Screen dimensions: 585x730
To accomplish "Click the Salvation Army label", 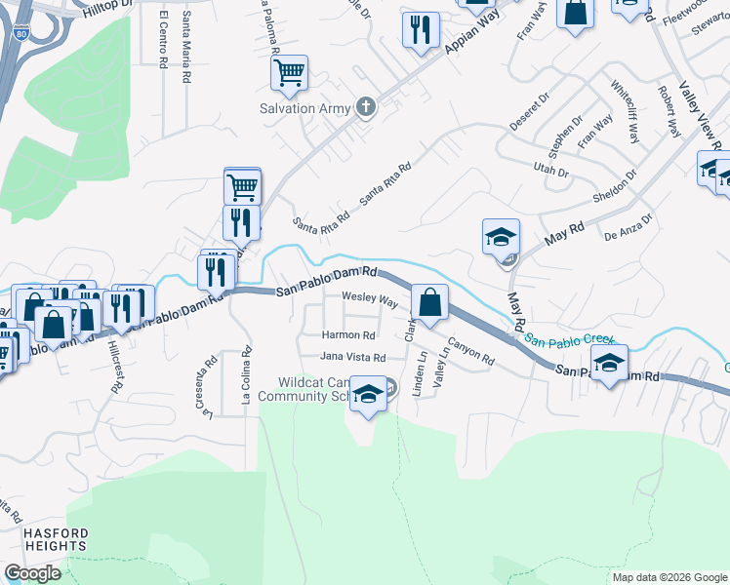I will click(304, 108).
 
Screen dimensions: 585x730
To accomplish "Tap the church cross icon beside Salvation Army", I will click(366, 107).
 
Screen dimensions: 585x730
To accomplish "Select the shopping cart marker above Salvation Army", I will click(290, 72).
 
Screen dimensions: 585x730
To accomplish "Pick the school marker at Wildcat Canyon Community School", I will click(368, 395).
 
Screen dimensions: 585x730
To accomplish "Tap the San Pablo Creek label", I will click(570, 340).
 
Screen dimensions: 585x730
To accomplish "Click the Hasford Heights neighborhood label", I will click(56, 539).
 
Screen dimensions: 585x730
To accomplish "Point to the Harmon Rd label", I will click(348, 335).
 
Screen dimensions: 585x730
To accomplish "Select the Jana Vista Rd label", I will click(353, 358).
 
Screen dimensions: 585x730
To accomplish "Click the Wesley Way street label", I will click(369, 299).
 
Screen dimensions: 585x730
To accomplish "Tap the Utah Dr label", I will click(550, 171).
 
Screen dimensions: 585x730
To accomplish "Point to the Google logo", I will click(32, 573).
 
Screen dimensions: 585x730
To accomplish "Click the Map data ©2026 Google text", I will click(669, 577).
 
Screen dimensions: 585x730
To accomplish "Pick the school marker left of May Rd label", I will click(501, 237).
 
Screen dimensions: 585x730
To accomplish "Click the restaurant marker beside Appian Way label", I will click(421, 30).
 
